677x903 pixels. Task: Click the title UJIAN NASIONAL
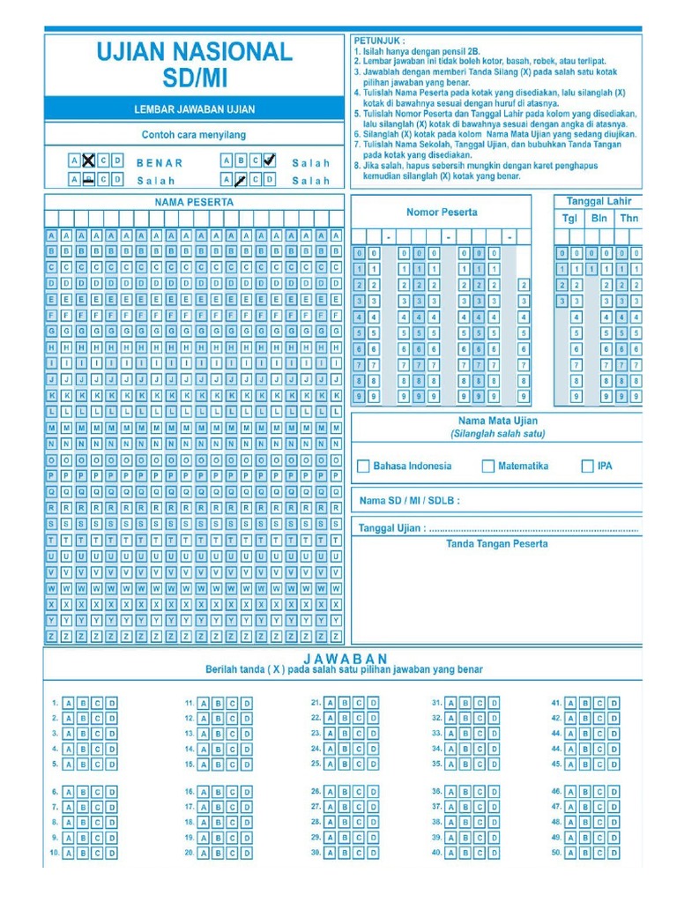click(x=194, y=52)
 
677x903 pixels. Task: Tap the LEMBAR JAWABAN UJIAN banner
click(x=194, y=109)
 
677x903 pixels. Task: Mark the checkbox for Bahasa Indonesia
click(x=363, y=466)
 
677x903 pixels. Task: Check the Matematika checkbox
click(x=487, y=466)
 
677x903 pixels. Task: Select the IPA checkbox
click(x=588, y=466)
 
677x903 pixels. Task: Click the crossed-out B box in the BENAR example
click(x=89, y=161)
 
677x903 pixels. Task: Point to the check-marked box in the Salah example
click(x=269, y=160)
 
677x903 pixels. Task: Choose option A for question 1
click(x=69, y=704)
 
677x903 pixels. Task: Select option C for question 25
click(x=359, y=765)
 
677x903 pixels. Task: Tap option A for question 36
click(x=450, y=792)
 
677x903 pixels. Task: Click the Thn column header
click(x=629, y=219)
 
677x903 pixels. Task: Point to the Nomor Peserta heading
click(x=442, y=212)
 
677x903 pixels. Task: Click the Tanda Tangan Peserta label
click(x=496, y=544)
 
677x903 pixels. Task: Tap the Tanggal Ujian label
click(x=392, y=528)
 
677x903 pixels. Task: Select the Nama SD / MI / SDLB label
click(x=409, y=500)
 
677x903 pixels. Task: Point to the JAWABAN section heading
click(x=345, y=659)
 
